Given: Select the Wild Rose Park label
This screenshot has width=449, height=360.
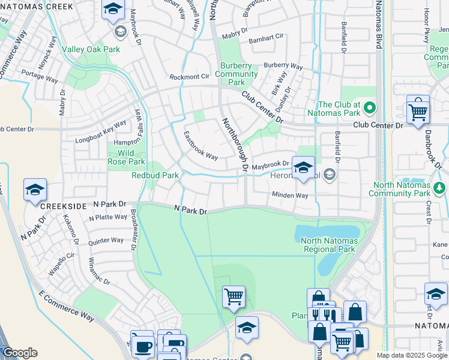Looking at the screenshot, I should (x=127, y=157).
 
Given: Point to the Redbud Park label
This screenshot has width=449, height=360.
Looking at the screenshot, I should (x=155, y=175).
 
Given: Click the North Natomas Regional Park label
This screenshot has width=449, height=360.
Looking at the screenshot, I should (x=329, y=245).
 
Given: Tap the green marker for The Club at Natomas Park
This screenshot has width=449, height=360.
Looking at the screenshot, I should (x=370, y=109).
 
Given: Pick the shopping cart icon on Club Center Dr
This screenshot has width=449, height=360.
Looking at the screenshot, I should (x=418, y=110).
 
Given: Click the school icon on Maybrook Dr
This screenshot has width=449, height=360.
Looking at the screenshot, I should (x=303, y=167).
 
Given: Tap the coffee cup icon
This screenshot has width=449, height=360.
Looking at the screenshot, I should (x=143, y=346).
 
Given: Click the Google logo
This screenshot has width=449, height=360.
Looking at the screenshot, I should (x=19, y=353).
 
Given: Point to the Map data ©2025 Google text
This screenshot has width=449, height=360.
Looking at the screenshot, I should (x=412, y=355).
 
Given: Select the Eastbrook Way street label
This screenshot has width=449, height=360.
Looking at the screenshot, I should (x=200, y=146).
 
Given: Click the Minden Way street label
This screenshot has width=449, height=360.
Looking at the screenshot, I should (x=290, y=195).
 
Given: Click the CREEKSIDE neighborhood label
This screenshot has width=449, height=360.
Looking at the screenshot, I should (x=61, y=205).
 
